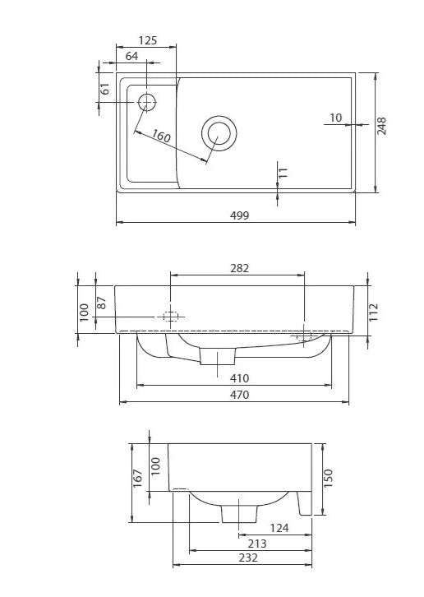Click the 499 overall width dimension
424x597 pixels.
pos(240,215)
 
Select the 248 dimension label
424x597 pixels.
pos(381,126)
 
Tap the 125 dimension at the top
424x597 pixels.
pos(148,40)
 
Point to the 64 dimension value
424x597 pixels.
pos(131,56)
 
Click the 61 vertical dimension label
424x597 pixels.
pos(106,88)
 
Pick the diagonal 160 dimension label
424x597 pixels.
pos(161,136)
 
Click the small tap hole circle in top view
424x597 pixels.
pos(146,103)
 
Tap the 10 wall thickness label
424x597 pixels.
pos(336,118)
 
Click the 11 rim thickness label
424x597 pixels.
pos(283,173)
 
